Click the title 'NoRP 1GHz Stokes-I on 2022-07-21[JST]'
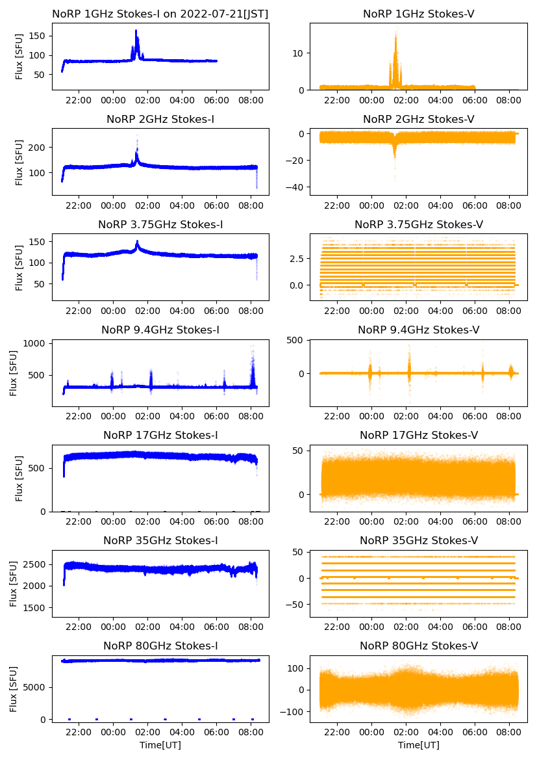160,14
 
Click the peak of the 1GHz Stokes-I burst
136,31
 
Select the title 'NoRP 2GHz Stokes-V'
419,119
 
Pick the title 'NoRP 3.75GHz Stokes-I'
160,224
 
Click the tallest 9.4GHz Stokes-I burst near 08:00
253,346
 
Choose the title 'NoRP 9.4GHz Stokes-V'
419,330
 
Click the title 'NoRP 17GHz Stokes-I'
160,435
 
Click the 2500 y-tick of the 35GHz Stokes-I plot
35,564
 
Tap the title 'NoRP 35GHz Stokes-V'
419,540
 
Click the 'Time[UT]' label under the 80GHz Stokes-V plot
419,744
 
